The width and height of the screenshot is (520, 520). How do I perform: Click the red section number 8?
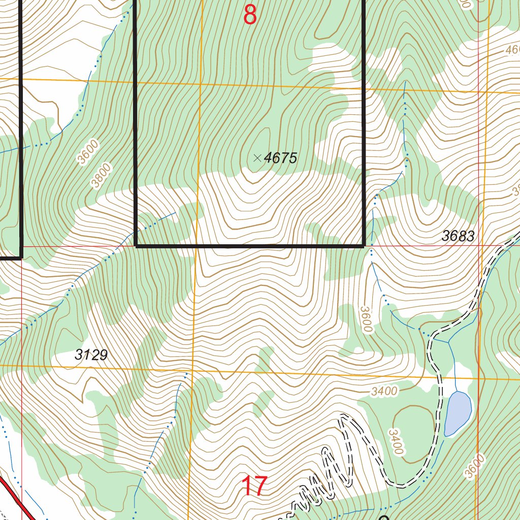pos(249,15)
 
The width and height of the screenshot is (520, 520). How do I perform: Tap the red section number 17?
pos(254,486)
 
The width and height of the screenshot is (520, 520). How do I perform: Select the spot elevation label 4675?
pos(280,158)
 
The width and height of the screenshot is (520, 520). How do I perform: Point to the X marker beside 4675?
pos(257,158)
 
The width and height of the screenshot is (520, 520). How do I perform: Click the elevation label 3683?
pos(458,236)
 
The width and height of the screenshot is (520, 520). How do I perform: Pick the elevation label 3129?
pos(91,355)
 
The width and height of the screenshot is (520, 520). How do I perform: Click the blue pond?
pos(458,413)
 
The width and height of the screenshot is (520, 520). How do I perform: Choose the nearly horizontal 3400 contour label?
pos(384,392)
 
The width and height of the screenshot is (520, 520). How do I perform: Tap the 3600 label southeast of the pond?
pos(471,466)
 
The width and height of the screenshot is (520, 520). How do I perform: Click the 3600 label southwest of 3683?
pos(366,319)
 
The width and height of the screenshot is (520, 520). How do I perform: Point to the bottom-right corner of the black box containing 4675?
pos(364,246)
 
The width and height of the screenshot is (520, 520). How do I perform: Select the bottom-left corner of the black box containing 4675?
pos(136,246)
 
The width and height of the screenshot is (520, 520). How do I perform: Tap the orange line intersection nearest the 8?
pos(200,83)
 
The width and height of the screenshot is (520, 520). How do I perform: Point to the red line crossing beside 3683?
pos(480,245)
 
